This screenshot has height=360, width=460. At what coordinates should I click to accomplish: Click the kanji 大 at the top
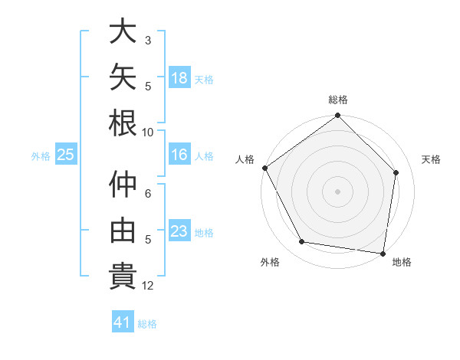[123, 31]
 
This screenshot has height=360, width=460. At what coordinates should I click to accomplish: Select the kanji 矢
[123, 77]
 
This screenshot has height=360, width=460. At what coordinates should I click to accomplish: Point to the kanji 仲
[123, 184]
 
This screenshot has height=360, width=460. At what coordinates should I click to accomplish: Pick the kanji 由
[123, 230]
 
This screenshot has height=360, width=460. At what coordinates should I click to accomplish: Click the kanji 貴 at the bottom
[123, 276]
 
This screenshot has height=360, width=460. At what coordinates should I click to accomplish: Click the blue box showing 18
[179, 77]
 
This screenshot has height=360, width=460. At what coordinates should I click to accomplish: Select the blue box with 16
[179, 154]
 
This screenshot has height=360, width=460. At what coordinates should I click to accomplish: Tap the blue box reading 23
[179, 230]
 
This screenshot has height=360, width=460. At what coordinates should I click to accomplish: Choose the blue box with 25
[66, 154]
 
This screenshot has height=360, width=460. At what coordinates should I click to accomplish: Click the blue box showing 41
[123, 321]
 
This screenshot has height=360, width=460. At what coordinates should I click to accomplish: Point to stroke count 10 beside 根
[147, 133]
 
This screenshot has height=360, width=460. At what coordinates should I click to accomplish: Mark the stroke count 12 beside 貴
[147, 286]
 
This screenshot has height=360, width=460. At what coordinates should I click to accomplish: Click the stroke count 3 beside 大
[148, 41]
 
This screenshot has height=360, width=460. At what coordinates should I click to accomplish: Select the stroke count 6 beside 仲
[148, 194]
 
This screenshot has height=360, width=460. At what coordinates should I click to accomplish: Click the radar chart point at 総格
[337, 115]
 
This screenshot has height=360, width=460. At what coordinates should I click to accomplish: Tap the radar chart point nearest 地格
[383, 254]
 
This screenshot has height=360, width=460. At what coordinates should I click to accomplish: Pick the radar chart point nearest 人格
[265, 168]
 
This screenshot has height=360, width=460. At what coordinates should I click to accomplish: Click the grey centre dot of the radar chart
[337, 191]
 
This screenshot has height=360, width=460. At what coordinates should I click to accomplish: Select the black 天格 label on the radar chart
[431, 159]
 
